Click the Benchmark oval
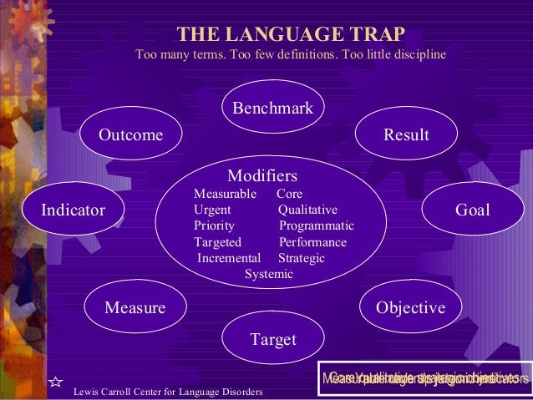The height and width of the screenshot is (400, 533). [272, 109]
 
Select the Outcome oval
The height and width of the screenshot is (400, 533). [131, 135]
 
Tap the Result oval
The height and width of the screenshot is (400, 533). [405, 135]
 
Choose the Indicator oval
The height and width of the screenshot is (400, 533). [74, 210]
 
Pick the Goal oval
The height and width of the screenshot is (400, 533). [472, 210]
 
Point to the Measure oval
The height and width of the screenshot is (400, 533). [135, 308]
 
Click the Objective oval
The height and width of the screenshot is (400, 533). [410, 308]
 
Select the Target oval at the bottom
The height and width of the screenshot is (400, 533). [273, 339]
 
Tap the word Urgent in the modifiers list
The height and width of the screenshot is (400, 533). [212, 210]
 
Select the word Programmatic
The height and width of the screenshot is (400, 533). [316, 226]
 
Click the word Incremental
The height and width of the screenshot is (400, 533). [229, 258]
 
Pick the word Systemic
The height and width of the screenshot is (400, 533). [268, 274]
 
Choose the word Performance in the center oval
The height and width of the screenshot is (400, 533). [312, 242]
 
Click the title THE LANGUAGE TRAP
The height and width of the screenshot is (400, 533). [291, 34]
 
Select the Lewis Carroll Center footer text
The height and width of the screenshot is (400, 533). [169, 392]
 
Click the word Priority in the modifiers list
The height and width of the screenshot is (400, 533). [214, 226]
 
